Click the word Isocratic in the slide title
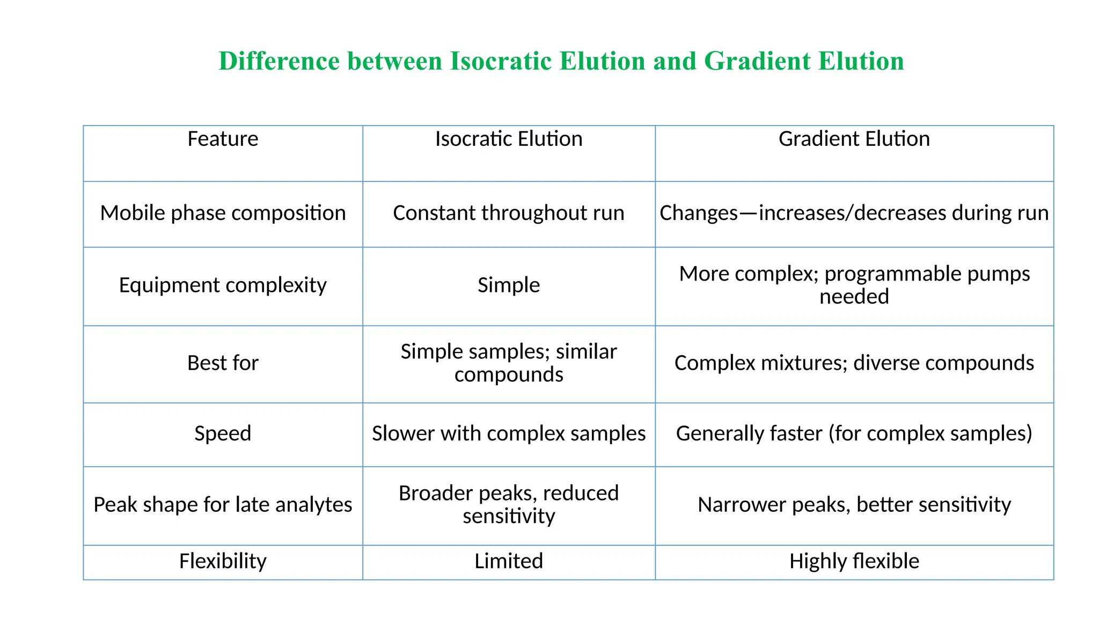(x=501, y=61)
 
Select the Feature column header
(x=223, y=139)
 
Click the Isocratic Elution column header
(x=508, y=139)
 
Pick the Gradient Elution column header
(x=854, y=139)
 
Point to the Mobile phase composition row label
(x=223, y=213)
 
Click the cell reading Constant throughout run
(x=508, y=213)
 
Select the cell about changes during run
(x=854, y=213)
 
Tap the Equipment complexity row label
(x=223, y=285)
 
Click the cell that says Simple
(x=508, y=285)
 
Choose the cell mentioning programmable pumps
(x=854, y=285)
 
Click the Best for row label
(x=223, y=363)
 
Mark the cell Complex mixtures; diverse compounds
(x=854, y=363)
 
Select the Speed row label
(x=223, y=433)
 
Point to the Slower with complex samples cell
(x=508, y=433)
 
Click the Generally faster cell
(x=854, y=433)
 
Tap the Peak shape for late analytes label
(x=223, y=505)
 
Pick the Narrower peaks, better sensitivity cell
(x=854, y=505)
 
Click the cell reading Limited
(x=508, y=561)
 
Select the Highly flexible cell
(x=854, y=561)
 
